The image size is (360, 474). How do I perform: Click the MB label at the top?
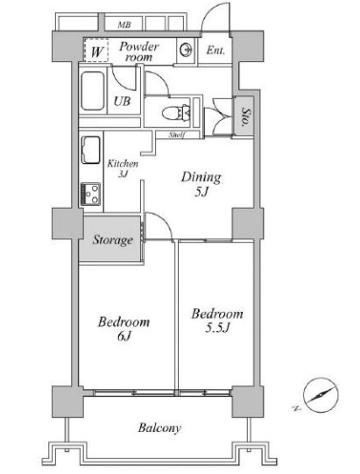(x=124, y=25)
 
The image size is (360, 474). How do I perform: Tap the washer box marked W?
(x=96, y=51)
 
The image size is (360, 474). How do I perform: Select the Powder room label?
(x=138, y=52)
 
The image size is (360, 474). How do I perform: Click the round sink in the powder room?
(x=186, y=50)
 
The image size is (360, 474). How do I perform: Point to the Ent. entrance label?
(x=215, y=50)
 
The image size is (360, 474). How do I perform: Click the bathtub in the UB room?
(x=93, y=91)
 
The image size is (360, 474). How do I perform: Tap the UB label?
(x=122, y=102)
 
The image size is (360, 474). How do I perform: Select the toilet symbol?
(x=177, y=113)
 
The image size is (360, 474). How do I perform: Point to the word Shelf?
(x=177, y=135)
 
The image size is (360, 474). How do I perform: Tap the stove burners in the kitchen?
(x=90, y=195)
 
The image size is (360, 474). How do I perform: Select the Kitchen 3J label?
(x=123, y=168)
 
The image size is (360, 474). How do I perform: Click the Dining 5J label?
(x=201, y=184)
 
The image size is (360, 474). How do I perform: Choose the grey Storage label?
(x=113, y=240)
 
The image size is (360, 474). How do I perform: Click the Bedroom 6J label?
(x=124, y=329)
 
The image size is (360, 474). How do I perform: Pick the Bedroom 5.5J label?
(x=217, y=321)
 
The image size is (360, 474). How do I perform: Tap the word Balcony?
(x=159, y=428)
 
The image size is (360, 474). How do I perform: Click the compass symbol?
(x=321, y=395)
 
